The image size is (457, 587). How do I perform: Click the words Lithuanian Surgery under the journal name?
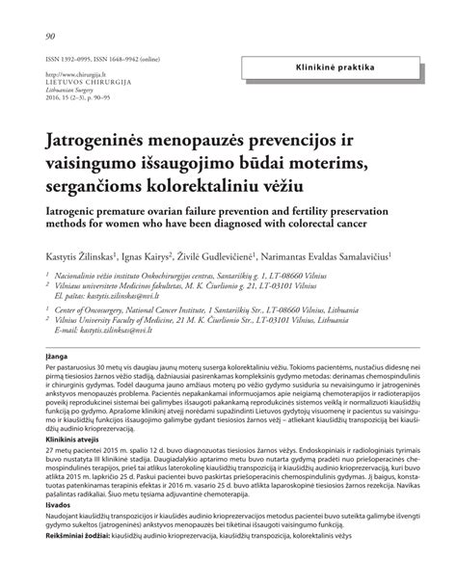pos(73,89)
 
